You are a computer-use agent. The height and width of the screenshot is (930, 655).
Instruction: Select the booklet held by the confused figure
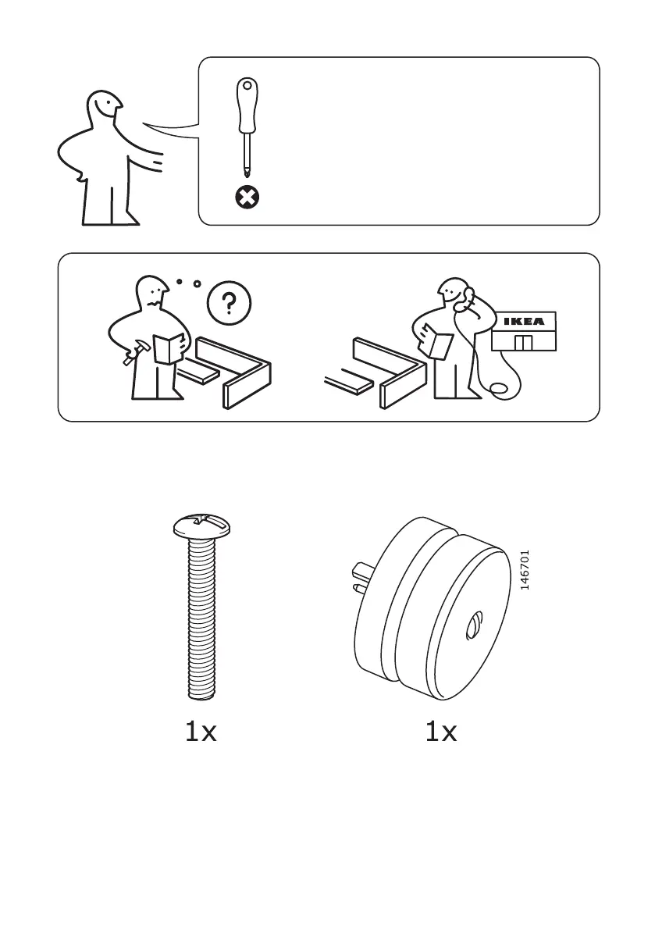click(168, 347)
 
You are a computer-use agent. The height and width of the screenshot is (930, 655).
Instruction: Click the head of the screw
click(202, 526)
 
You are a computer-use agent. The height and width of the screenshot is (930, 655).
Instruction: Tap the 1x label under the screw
click(201, 732)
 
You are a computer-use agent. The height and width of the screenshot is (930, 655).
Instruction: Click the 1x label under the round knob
click(440, 732)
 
